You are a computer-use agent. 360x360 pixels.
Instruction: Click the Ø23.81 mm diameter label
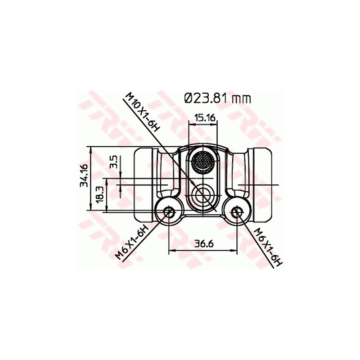click(x=217, y=98)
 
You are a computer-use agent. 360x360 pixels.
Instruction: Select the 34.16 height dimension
click(x=83, y=175)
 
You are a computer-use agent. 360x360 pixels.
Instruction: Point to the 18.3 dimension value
click(x=100, y=194)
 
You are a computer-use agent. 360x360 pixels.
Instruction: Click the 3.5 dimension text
click(x=113, y=161)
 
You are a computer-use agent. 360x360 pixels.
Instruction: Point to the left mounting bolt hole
click(x=169, y=211)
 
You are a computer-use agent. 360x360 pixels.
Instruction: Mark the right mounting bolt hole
click(x=238, y=211)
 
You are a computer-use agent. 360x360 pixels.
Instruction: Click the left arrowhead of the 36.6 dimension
click(x=171, y=251)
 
